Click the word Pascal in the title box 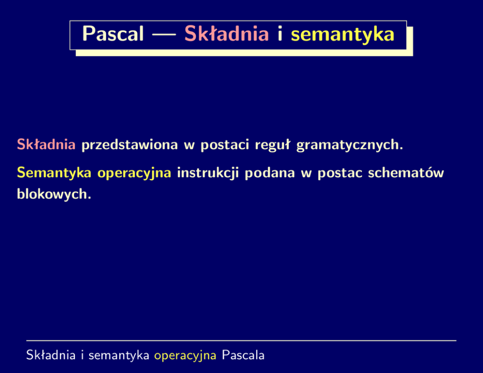click(x=113, y=34)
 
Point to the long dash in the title click(x=164, y=35)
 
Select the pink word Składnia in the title click(x=227, y=34)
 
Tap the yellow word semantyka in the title click(x=343, y=35)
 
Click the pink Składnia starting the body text click(x=46, y=144)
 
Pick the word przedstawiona click(x=130, y=145)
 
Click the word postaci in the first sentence click(x=225, y=145)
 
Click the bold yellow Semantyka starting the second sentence click(x=54, y=173)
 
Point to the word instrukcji click(x=208, y=173)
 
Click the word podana click(x=270, y=173)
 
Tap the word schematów click(x=406, y=173)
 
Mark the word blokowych click(x=54, y=194)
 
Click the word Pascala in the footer click(x=243, y=355)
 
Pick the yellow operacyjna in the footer click(x=185, y=356)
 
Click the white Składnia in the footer click(x=51, y=355)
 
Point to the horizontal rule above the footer click(x=241, y=341)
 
